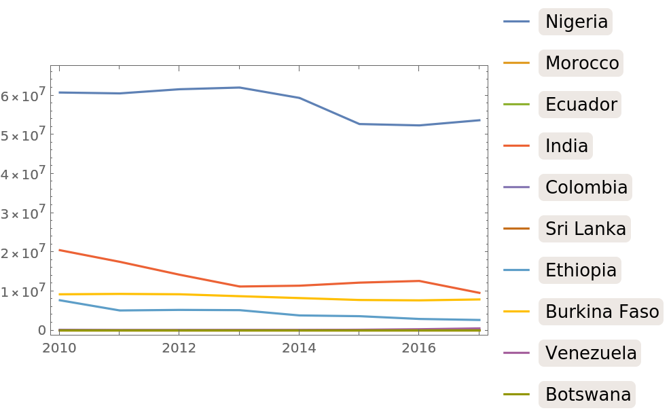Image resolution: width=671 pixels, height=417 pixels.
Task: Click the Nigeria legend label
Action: click(x=576, y=22)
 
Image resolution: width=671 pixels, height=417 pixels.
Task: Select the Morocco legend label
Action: click(x=582, y=63)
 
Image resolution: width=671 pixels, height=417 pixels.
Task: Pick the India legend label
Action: click(x=566, y=145)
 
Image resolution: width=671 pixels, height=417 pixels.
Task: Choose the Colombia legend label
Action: click(x=586, y=187)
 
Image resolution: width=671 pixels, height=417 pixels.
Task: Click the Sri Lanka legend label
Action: click(x=585, y=228)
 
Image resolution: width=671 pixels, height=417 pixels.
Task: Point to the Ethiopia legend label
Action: click(x=581, y=270)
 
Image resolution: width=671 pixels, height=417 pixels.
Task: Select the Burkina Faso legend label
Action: click(x=602, y=312)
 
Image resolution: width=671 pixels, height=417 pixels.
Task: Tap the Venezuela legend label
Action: click(x=591, y=353)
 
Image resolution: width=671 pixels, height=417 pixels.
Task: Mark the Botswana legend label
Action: click(x=588, y=394)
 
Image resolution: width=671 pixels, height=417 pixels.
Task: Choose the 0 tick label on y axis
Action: click(x=41, y=330)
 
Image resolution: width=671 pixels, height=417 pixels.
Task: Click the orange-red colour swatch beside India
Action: click(x=516, y=145)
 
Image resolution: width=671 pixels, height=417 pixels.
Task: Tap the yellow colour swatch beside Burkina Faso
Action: click(x=516, y=312)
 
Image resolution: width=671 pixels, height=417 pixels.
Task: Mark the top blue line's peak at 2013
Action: click(x=239, y=87)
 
